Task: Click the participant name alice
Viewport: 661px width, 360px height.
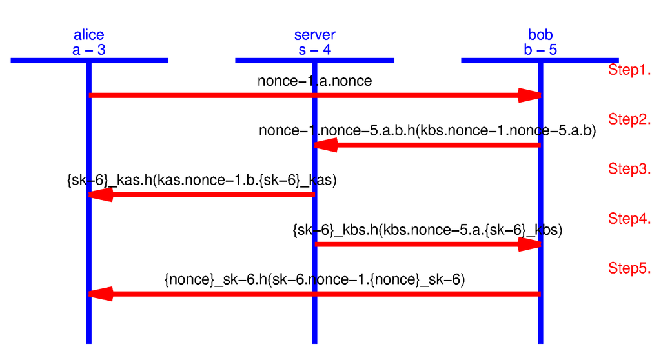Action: pyautogui.click(x=88, y=35)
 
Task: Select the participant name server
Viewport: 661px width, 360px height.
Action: pyautogui.click(x=314, y=35)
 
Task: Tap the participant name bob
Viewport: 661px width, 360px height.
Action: pyautogui.click(x=540, y=35)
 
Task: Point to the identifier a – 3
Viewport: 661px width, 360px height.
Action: pyautogui.click(x=88, y=50)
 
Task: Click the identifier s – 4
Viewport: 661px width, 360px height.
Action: pyautogui.click(x=314, y=50)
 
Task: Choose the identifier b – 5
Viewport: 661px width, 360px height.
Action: pyautogui.click(x=540, y=50)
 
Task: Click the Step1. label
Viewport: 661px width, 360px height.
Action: pyautogui.click(x=629, y=70)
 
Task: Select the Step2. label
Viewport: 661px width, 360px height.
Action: pyautogui.click(x=629, y=119)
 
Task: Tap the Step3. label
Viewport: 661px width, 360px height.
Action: pyautogui.click(x=629, y=169)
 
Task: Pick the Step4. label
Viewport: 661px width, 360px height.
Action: pyautogui.click(x=629, y=219)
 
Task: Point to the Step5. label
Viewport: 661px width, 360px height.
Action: pyautogui.click(x=629, y=268)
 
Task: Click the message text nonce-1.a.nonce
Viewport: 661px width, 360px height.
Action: pyautogui.click(x=314, y=81)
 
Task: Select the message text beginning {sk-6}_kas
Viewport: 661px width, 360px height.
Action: pyautogui.click(x=201, y=181)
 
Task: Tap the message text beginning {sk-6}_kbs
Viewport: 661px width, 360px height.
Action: pyautogui.click(x=427, y=230)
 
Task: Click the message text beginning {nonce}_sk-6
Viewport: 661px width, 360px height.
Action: pyautogui.click(x=314, y=280)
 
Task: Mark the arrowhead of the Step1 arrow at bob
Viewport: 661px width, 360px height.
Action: pyautogui.click(x=529, y=95)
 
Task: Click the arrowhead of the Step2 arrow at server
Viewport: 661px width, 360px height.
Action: pyautogui.click(x=326, y=145)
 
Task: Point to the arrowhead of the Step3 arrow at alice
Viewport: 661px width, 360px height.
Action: pyautogui.click(x=101, y=195)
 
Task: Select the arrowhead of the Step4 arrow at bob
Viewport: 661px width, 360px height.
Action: pyautogui.click(x=529, y=245)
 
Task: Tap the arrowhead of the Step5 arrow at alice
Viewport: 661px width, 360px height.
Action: pyautogui.click(x=101, y=294)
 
